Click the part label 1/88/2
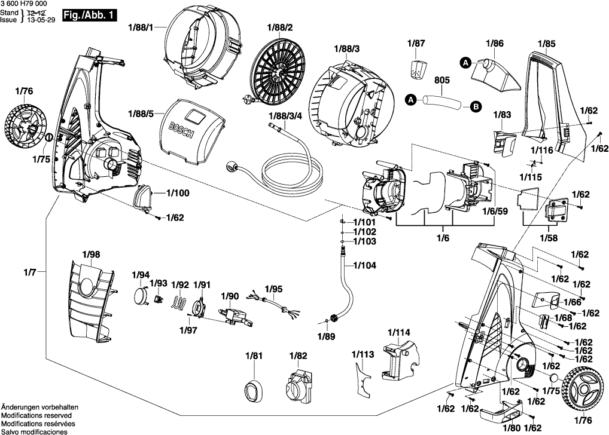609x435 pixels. pyautogui.click(x=281, y=28)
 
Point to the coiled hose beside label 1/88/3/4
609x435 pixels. pyautogui.click(x=281, y=164)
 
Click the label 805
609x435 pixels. pyautogui.click(x=442, y=79)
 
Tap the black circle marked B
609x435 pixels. pyautogui.click(x=475, y=107)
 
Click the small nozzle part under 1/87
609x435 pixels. pyautogui.click(x=416, y=68)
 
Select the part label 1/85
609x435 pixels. pyautogui.click(x=546, y=43)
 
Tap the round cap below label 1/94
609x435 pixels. pyautogui.click(x=141, y=296)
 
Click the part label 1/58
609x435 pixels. pyautogui.click(x=549, y=238)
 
